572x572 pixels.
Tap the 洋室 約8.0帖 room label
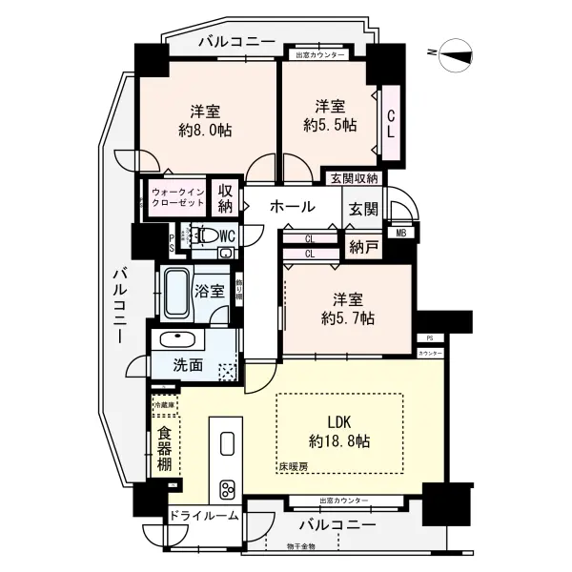pos(205,120)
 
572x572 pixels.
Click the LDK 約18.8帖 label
pos(339,431)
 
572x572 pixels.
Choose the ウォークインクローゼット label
pos(176,198)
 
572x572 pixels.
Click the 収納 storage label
pos(225,198)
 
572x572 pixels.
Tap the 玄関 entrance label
pos(363,209)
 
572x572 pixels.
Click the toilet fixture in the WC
pos(208,235)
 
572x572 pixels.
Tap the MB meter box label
pos(398,233)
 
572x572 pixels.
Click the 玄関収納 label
pos(354,177)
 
